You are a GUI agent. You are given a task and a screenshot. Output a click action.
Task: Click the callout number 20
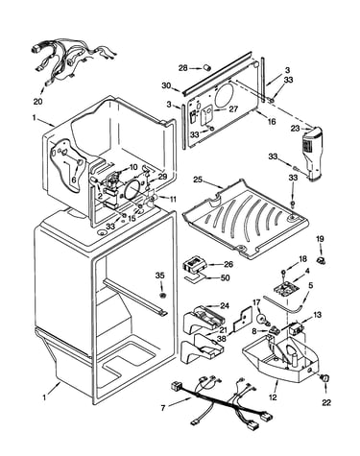38,102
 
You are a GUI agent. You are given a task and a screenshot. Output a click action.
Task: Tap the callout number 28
182,68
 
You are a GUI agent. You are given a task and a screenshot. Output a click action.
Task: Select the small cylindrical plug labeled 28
207,67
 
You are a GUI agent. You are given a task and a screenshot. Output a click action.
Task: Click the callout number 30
166,85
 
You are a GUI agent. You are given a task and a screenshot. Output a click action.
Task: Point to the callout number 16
272,122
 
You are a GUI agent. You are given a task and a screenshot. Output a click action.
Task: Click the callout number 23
295,129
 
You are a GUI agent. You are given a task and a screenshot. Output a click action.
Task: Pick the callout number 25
198,180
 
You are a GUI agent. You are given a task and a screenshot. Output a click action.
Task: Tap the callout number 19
320,239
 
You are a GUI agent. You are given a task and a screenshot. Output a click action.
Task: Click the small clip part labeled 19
321,260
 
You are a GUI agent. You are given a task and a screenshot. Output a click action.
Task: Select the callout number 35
160,275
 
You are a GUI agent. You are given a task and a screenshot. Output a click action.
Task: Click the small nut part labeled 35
162,295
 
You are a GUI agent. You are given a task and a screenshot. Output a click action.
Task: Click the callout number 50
225,277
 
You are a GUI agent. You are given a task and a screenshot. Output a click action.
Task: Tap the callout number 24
225,306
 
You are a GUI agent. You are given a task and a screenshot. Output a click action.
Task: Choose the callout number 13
317,315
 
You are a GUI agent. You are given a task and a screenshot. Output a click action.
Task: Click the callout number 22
326,402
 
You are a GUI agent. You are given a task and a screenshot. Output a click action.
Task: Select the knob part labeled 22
324,378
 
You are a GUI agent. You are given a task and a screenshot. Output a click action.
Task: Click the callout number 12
273,397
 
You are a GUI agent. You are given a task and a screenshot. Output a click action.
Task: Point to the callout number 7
163,408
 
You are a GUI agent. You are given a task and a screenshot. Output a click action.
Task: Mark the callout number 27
233,109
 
